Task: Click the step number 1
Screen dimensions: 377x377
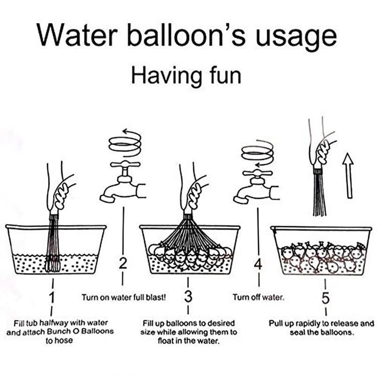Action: tap(52, 297)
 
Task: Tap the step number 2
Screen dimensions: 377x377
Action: tap(123, 264)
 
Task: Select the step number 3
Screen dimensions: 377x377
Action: tap(188, 297)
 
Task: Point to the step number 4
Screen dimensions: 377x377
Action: tap(258, 264)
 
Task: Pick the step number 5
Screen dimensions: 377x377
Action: tap(326, 299)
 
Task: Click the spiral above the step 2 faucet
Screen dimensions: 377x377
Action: tap(125, 142)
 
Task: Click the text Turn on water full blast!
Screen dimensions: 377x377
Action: tap(123, 298)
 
